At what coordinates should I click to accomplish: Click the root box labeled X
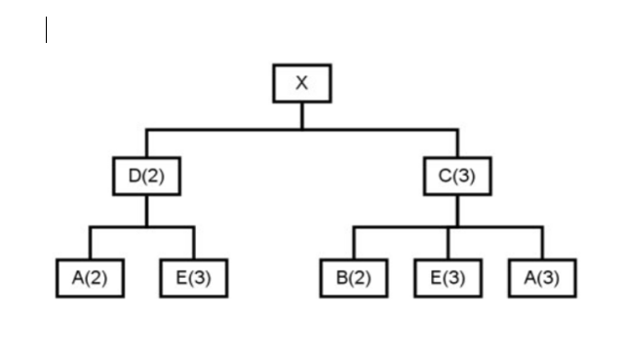coord(301,83)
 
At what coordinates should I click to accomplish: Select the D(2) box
coord(146,177)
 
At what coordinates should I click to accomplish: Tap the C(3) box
coord(457,177)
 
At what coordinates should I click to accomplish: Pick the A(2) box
coord(90,278)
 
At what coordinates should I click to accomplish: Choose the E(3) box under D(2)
coord(193,278)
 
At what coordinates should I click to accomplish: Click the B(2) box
coord(354,278)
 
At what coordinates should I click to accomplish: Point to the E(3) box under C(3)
coord(448,278)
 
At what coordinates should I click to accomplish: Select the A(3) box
coord(542,278)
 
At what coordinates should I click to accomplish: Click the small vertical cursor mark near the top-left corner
coord(46,30)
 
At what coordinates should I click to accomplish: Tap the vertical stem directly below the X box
coord(301,115)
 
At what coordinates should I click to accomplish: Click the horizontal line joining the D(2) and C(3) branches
coord(224,129)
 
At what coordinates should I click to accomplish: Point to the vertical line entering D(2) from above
coord(146,142)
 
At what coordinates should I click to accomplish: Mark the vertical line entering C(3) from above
coord(457,142)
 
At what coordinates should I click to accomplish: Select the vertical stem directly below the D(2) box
coord(146,211)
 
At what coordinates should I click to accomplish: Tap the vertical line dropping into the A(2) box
coord(90,243)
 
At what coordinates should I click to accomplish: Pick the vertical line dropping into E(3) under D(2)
coord(193,243)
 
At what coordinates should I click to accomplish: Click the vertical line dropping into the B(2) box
coord(354,243)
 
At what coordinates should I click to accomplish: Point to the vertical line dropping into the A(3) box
coord(542,243)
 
